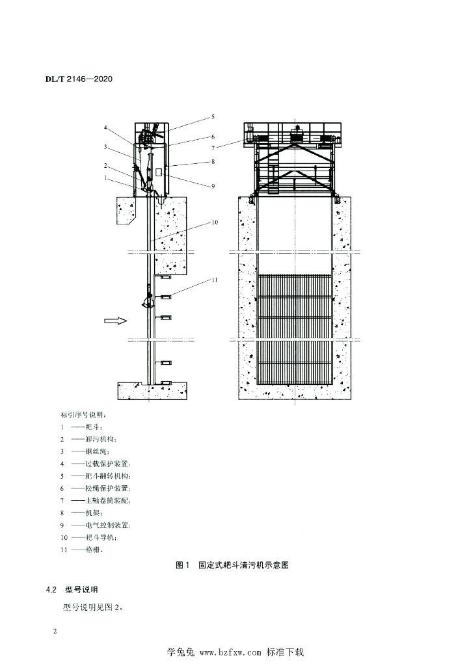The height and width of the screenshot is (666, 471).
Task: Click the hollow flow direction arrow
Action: tap(114, 320)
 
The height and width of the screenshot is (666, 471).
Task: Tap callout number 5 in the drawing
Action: tap(212, 117)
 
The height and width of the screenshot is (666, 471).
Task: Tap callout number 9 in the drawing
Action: tap(212, 187)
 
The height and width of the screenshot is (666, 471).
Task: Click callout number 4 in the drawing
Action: tap(105, 127)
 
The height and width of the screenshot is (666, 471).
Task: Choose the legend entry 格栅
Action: tap(95, 550)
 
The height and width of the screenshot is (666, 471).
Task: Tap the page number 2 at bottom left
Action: tap(55, 632)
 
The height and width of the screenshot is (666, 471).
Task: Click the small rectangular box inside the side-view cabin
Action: tap(158, 172)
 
